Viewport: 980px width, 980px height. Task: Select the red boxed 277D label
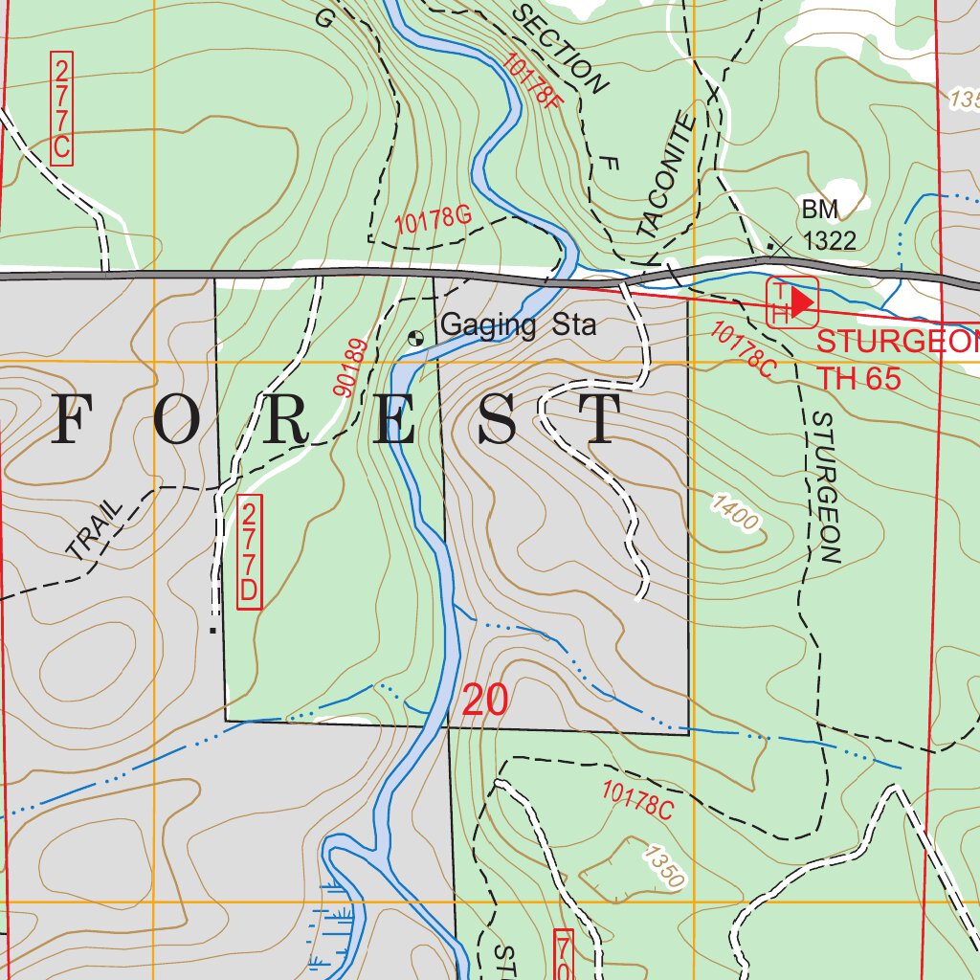[x=249, y=551]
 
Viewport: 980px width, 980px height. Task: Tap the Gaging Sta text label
[x=518, y=325]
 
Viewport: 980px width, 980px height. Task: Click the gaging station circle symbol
[x=416, y=337]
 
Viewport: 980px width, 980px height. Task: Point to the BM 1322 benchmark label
[x=829, y=226]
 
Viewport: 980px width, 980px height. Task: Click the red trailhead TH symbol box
[x=791, y=301]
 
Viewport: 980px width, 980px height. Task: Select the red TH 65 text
[x=858, y=378]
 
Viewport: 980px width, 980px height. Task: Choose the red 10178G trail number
[x=434, y=221]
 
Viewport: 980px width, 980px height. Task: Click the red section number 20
[x=484, y=701]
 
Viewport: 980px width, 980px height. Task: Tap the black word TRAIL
[x=96, y=528]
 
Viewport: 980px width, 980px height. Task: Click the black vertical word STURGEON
[x=824, y=487]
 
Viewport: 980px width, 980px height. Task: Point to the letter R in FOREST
[x=284, y=419]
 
